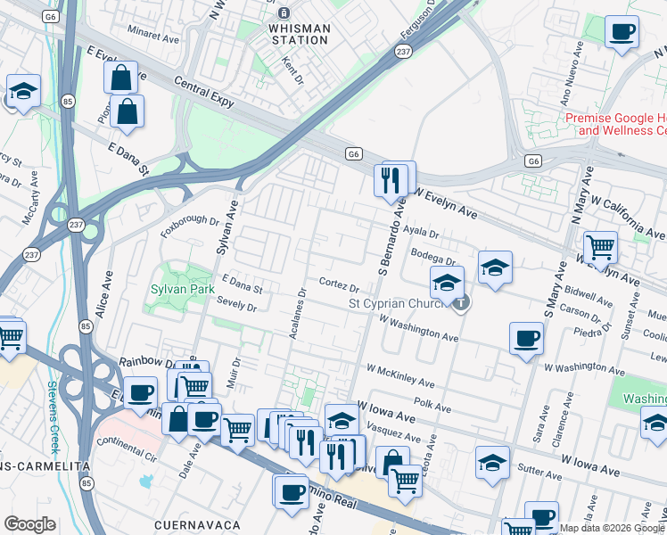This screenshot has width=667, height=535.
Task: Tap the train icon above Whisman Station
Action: click(x=284, y=12)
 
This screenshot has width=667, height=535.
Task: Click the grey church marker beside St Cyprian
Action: click(x=460, y=304)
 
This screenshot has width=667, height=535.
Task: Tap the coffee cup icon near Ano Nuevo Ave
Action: click(x=622, y=32)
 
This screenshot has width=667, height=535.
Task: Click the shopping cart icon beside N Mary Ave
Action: click(x=600, y=247)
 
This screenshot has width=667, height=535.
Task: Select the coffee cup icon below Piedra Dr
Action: click(x=526, y=338)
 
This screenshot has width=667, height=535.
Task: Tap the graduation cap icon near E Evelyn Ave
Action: click(x=23, y=89)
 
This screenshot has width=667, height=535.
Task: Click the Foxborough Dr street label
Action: click(x=190, y=219)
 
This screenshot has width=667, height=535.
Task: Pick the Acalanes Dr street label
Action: click(x=301, y=317)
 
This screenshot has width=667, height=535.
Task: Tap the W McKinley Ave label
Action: click(x=400, y=375)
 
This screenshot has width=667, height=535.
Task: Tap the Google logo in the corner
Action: click(x=29, y=523)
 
